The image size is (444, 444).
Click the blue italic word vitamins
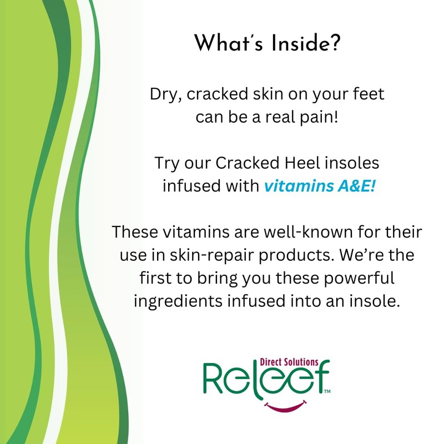pyautogui.click(x=290, y=187)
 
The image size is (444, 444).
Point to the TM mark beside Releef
pyautogui.click(x=327, y=392)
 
